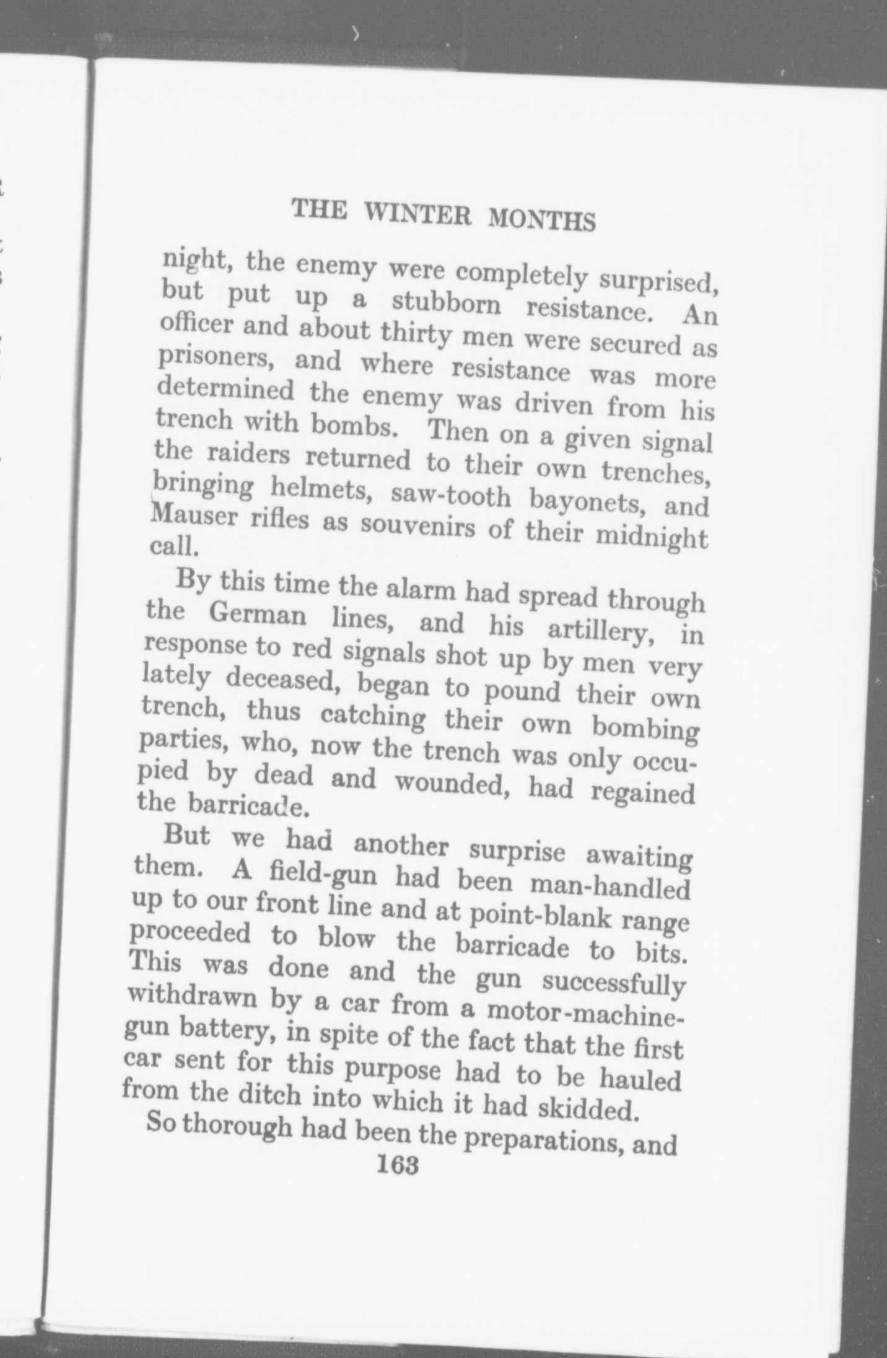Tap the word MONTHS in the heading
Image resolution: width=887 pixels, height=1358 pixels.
pos(541,219)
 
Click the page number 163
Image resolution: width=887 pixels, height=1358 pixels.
pos(397,1166)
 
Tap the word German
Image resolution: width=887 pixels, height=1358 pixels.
pos(256,615)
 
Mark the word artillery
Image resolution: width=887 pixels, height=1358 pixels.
pos(607,629)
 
